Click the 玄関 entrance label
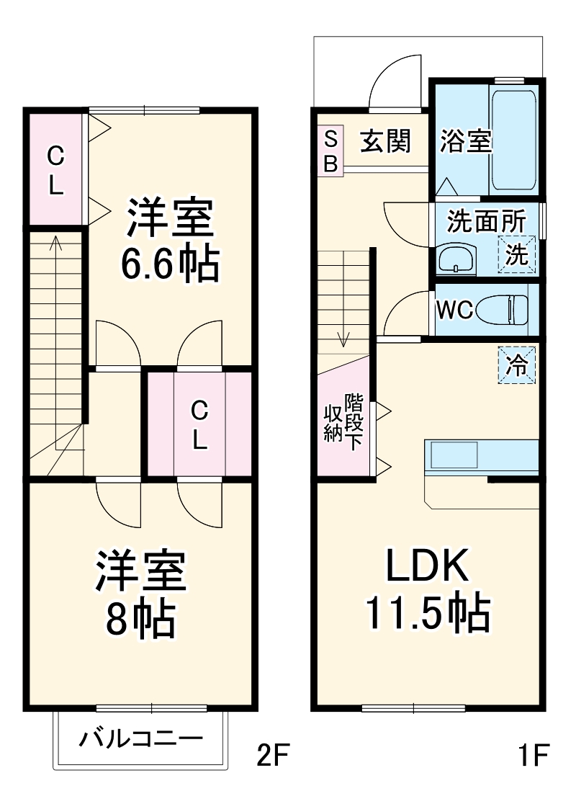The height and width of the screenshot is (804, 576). pyautogui.click(x=384, y=142)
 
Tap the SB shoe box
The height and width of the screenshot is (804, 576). pyautogui.click(x=330, y=151)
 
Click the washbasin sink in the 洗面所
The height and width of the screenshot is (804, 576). pyautogui.click(x=456, y=258)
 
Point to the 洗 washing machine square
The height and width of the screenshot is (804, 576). pyautogui.click(x=518, y=254)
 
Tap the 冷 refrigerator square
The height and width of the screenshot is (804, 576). pyautogui.click(x=518, y=365)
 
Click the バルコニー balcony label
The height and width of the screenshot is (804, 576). pyautogui.click(x=141, y=739)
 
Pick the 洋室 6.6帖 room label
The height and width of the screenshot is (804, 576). pyautogui.click(x=170, y=241)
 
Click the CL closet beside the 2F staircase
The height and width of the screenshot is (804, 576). pyautogui.click(x=56, y=170)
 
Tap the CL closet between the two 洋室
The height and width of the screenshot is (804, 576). pyautogui.click(x=199, y=425)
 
